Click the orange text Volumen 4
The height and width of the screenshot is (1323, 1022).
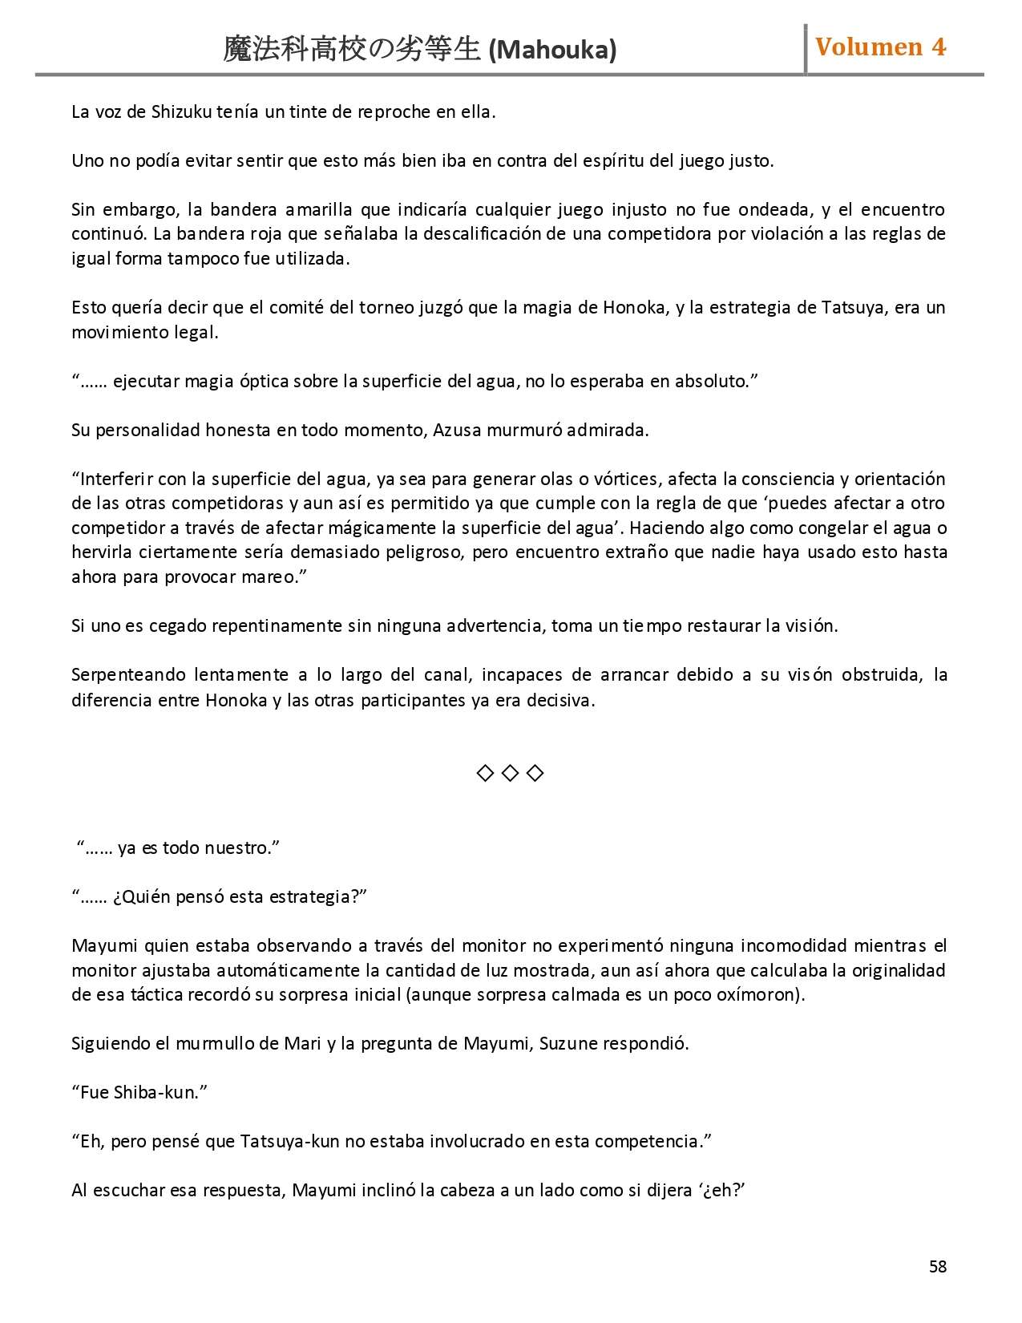pyautogui.click(x=880, y=47)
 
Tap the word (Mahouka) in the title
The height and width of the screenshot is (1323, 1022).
pyautogui.click(x=552, y=51)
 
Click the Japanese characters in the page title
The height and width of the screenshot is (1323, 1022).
pyautogui.click(x=353, y=51)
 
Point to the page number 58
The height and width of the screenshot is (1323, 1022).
pyautogui.click(x=938, y=1267)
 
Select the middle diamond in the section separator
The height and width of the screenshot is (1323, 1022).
pyautogui.click(x=511, y=773)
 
